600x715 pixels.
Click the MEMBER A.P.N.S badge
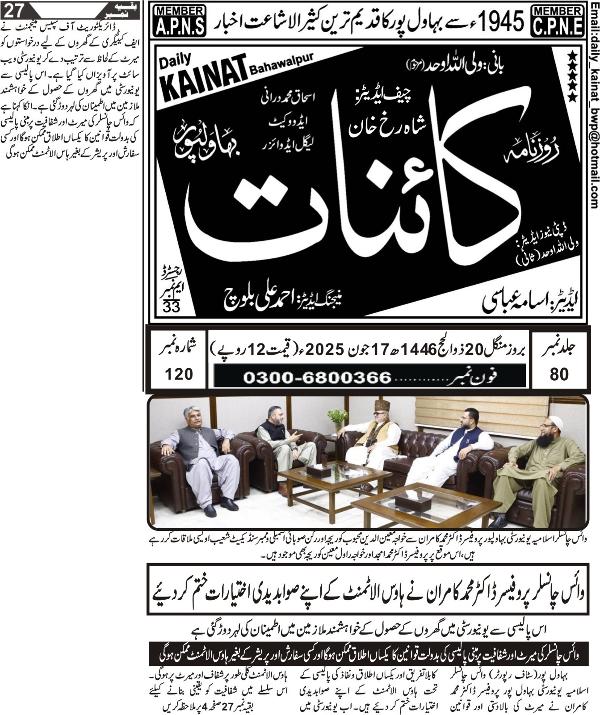pyautogui.click(x=179, y=21)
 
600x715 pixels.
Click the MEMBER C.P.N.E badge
pyautogui.click(x=559, y=21)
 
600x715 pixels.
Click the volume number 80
pyautogui.click(x=559, y=374)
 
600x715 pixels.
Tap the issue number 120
pyautogui.click(x=179, y=374)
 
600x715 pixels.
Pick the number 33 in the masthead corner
pyautogui.click(x=171, y=307)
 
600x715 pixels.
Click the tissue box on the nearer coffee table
pyautogui.click(x=407, y=503)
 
